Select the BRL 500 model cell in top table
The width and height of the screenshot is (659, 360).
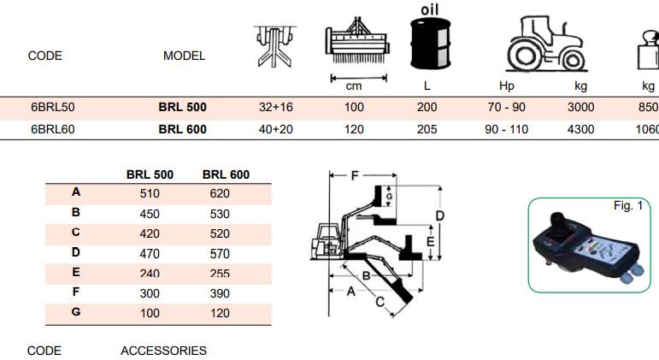(183, 108)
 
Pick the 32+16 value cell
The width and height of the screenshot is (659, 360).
(276, 108)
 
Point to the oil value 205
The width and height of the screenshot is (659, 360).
(427, 130)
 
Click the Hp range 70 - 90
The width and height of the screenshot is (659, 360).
(507, 108)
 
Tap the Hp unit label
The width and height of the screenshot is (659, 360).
(506, 86)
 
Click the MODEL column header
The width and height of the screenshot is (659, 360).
(184, 56)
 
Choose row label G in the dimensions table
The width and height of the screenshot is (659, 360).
(76, 311)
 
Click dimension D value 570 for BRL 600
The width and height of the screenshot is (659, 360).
(220, 252)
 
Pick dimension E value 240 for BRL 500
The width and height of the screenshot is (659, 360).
(150, 273)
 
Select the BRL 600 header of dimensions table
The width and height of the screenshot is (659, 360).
(226, 174)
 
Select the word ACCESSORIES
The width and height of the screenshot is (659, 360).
(163, 351)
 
